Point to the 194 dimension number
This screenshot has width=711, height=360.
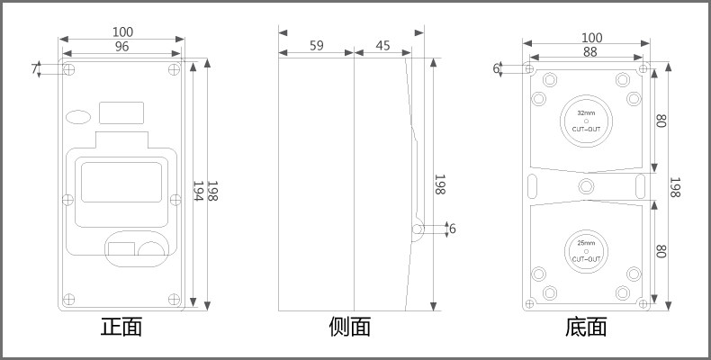click(x=198, y=191)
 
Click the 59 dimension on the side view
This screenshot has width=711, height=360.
click(x=317, y=46)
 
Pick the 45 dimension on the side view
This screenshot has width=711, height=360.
click(x=382, y=46)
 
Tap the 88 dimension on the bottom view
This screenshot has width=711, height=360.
click(x=590, y=53)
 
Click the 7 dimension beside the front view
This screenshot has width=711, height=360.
click(x=35, y=69)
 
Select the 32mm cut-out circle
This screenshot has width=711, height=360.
click(x=586, y=120)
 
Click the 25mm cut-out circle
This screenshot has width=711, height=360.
click(x=586, y=251)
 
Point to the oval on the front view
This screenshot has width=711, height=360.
click(x=79, y=115)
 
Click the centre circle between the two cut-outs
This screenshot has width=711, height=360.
click(x=587, y=185)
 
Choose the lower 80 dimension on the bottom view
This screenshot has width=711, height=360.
click(x=660, y=253)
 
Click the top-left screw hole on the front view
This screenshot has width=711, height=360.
click(x=69, y=69)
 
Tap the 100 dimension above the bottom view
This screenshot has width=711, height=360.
click(x=591, y=38)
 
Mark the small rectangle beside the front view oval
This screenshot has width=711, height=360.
click(x=121, y=112)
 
